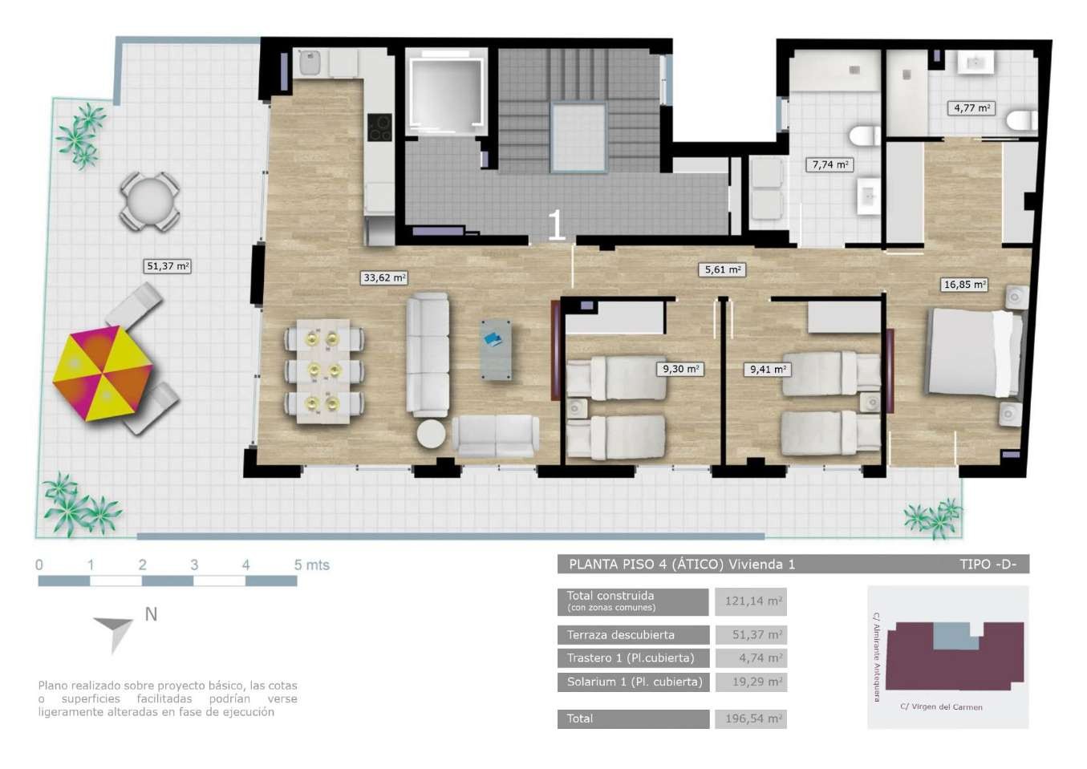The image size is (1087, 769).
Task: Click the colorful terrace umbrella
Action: [x=103, y=373]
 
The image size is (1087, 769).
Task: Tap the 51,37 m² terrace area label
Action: [x=168, y=266]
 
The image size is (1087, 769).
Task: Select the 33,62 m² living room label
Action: [x=384, y=277]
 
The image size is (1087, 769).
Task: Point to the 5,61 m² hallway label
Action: [x=722, y=269]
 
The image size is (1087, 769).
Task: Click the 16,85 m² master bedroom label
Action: [x=964, y=285]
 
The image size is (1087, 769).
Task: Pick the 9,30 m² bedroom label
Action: [x=680, y=369]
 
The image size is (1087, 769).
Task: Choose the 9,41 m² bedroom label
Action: [x=768, y=370]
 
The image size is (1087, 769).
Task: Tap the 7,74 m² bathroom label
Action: [x=829, y=165]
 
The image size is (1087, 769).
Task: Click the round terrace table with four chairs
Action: [x=149, y=201]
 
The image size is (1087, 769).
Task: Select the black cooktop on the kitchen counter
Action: [x=379, y=127]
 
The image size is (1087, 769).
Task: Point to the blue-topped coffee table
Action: [x=496, y=350]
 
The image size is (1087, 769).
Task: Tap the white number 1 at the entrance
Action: [x=556, y=225]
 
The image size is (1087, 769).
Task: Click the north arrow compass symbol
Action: [x=116, y=633]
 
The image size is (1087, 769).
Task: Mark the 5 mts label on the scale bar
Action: [x=311, y=565]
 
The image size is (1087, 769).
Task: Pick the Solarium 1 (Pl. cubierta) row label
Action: [x=635, y=682]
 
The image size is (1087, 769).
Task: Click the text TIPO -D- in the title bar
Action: [x=988, y=565]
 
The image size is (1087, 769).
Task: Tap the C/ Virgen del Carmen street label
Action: [x=941, y=707]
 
